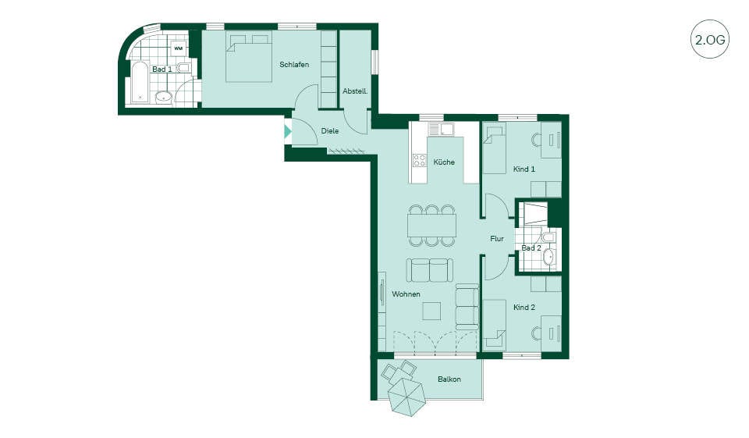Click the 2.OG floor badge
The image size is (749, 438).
pyautogui.click(x=710, y=39)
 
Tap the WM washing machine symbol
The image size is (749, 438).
pyautogui.click(x=178, y=48)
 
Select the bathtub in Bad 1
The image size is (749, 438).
pyautogui.click(x=140, y=82)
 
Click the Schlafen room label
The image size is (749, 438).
pyautogui.click(x=294, y=65)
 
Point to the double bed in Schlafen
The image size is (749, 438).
pyautogui.click(x=249, y=57)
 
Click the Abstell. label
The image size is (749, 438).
pyautogui.click(x=355, y=91)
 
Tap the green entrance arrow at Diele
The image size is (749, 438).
pyautogui.click(x=288, y=131)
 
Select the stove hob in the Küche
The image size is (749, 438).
pyautogui.click(x=420, y=160)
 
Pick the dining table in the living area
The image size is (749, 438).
pyautogui.click(x=431, y=225)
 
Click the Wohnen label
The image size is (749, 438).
pyautogui.click(x=406, y=294)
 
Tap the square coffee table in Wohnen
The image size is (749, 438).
pyautogui.click(x=432, y=312)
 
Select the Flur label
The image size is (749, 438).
pyautogui.click(x=497, y=239)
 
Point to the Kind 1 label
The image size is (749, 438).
pyautogui.click(x=524, y=169)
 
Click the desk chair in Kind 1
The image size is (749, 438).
pyautogui.click(x=536, y=140)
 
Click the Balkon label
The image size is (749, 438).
pyautogui.click(x=449, y=379)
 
